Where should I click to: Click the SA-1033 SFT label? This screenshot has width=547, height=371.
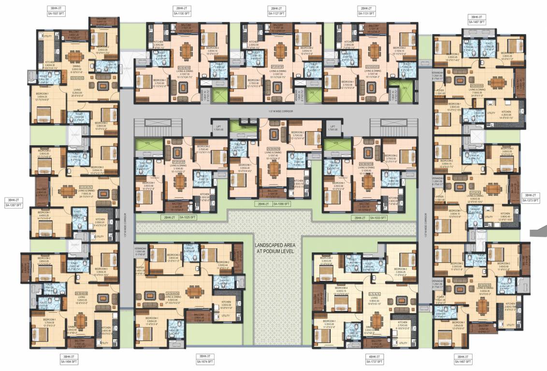click(x=378, y=218)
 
